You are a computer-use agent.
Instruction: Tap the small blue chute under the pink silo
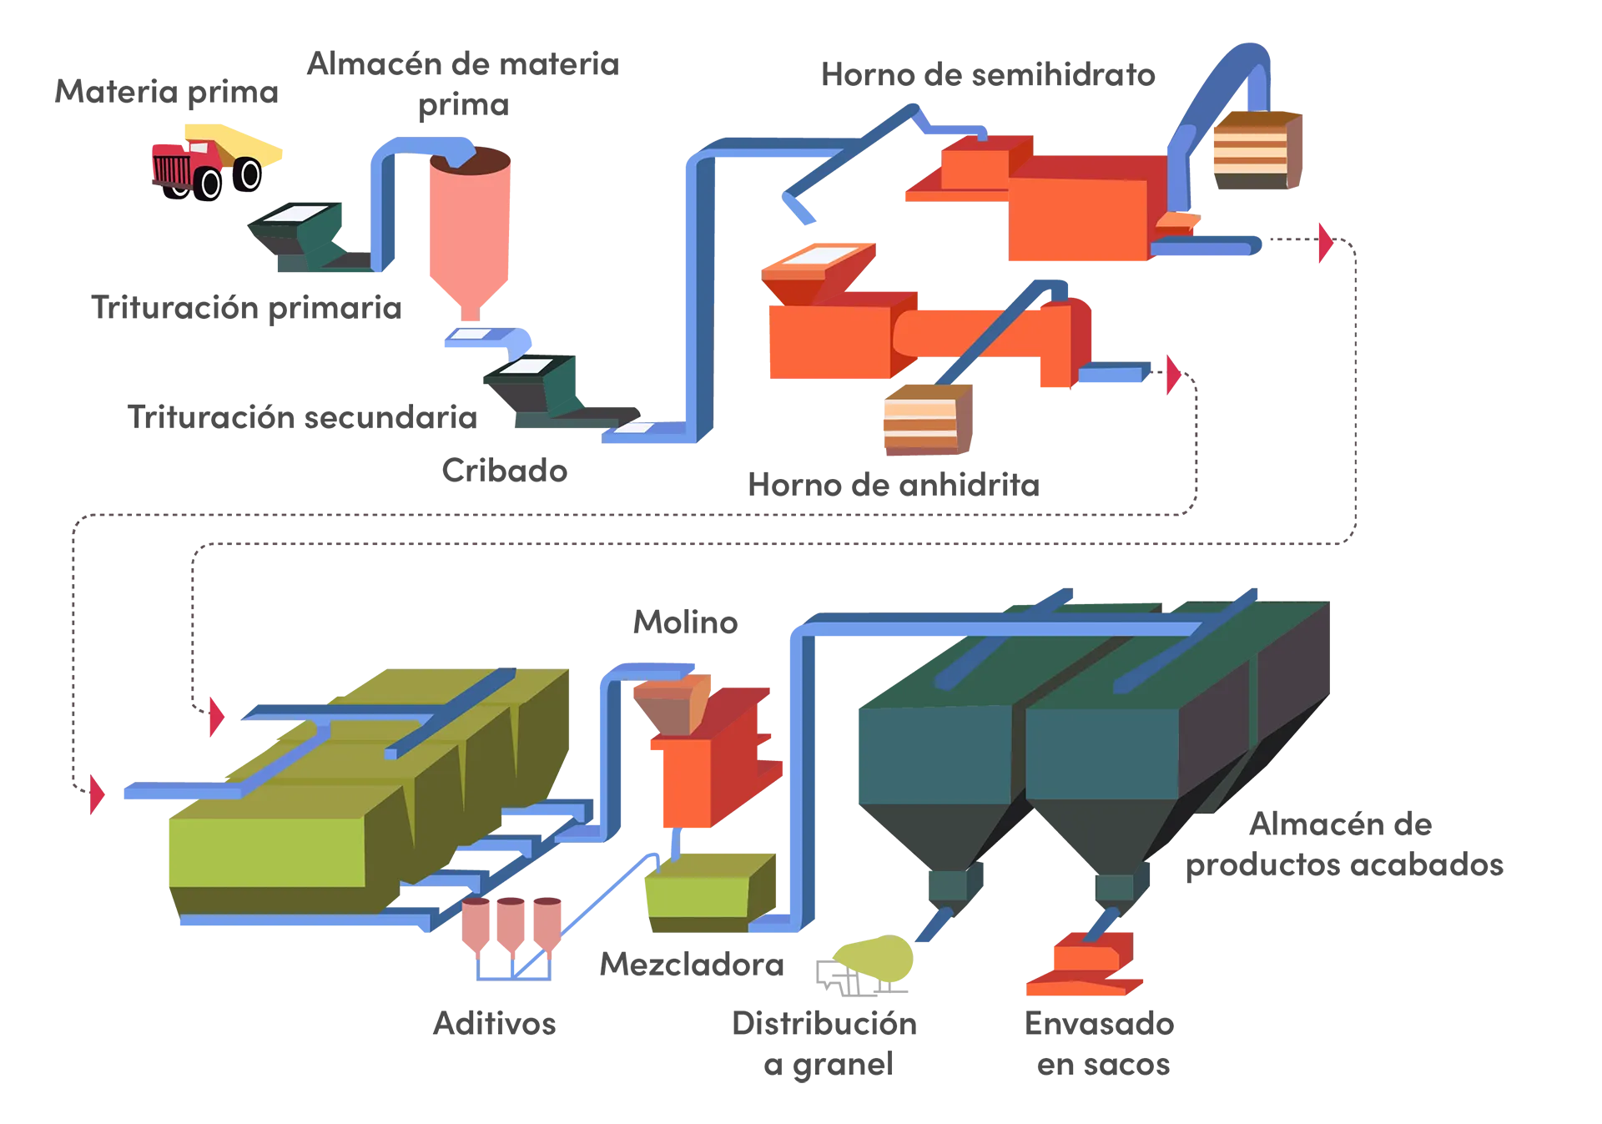coord(486,337)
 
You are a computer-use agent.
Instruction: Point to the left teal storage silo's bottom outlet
coord(955,885)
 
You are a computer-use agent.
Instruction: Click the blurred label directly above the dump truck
coord(167,91)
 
